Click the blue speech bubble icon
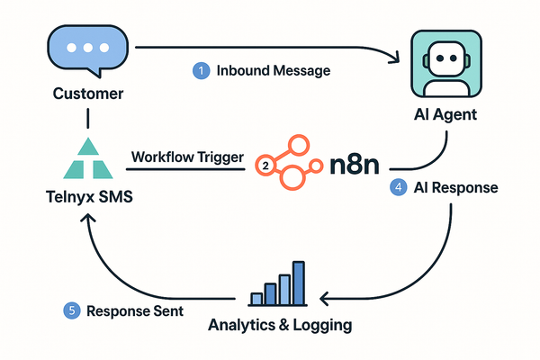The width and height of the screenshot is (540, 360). pyautogui.click(x=85, y=52)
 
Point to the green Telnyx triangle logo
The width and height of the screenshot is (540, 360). pyautogui.click(x=86, y=162)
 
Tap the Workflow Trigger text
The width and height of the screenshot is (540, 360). pyautogui.click(x=187, y=157)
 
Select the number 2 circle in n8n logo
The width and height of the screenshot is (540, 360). pyautogui.click(x=265, y=166)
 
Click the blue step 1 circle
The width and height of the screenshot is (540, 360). pyautogui.click(x=202, y=69)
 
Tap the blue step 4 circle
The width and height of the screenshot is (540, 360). pyautogui.click(x=397, y=190)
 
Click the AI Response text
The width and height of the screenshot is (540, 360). pyautogui.click(x=456, y=190)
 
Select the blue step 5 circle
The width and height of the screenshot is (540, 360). pyautogui.click(x=71, y=310)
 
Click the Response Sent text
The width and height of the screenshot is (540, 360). pyautogui.click(x=135, y=310)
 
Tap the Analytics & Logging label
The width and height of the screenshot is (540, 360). pyautogui.click(x=279, y=323)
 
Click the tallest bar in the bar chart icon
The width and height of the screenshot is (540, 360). pyautogui.click(x=298, y=283)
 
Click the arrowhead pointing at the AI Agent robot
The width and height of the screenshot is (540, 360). pyautogui.click(x=395, y=59)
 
